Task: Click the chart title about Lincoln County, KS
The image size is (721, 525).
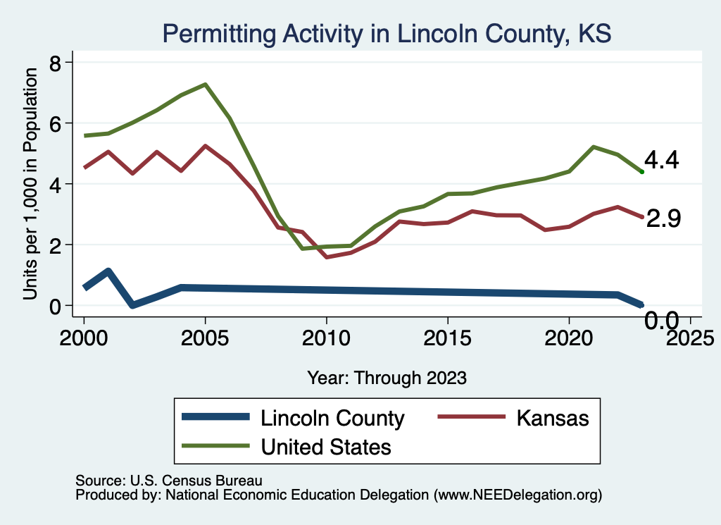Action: [387, 33]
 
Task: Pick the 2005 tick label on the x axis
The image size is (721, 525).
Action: [205, 335]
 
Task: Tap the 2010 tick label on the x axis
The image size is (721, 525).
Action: [326, 335]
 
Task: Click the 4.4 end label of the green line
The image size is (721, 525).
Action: [661, 161]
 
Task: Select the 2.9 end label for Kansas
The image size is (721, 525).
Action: [663, 219]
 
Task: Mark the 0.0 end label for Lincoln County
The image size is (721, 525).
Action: [662, 321]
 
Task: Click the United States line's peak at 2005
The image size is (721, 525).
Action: [205, 85]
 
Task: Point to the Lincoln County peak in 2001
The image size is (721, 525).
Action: [108, 271]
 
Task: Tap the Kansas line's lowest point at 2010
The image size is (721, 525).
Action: [326, 257]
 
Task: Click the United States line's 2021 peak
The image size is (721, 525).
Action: [593, 147]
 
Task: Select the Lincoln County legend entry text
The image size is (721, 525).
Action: [332, 418]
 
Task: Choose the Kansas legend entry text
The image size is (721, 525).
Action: [552, 418]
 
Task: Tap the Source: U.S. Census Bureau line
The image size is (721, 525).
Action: [168, 481]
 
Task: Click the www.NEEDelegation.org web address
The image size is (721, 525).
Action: [518, 495]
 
